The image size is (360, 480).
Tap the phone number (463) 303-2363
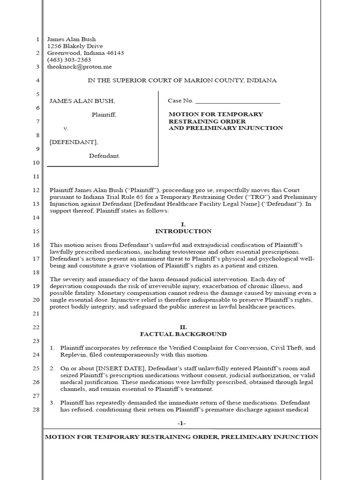(69, 60)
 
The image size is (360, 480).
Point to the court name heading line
(182, 81)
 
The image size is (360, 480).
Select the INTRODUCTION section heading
(183, 232)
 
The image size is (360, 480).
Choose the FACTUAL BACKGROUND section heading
(183, 334)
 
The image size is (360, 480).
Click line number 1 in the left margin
(37, 40)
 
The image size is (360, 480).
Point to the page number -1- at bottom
(182, 423)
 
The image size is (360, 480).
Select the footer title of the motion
(181, 437)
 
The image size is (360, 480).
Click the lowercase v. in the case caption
(66, 128)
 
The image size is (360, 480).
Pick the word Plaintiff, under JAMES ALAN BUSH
(104, 114)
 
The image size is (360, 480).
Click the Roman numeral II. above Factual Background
(183, 327)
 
